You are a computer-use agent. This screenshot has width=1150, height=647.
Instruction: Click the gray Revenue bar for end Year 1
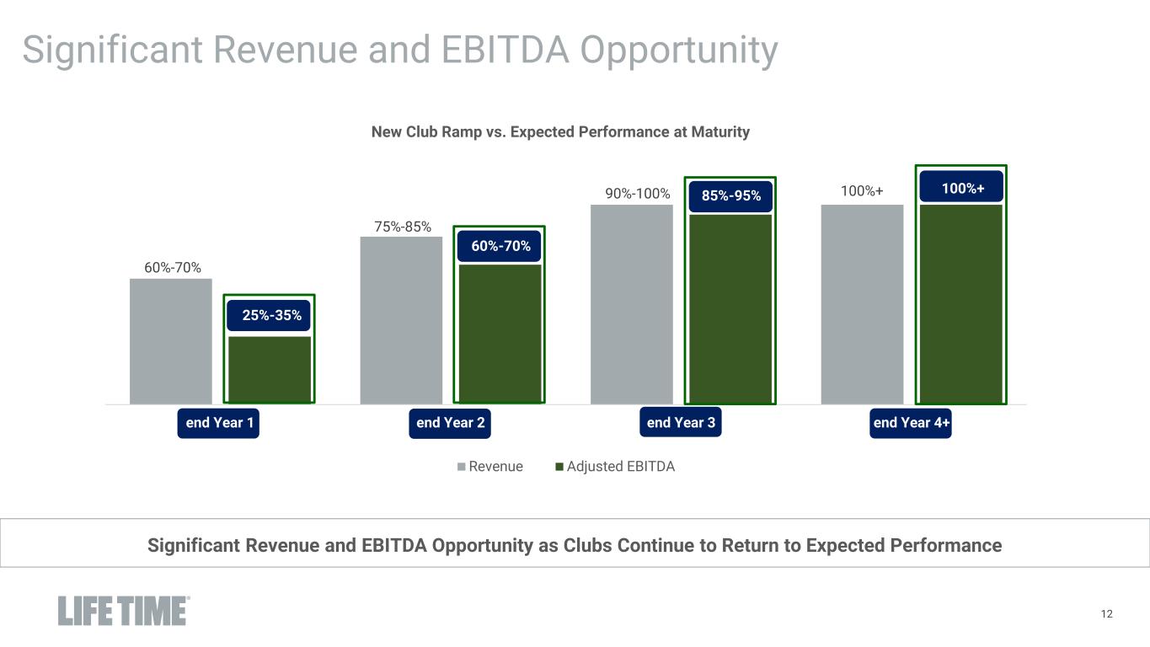point(171,341)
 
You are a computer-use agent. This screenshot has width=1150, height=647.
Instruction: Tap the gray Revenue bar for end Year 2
point(401,320)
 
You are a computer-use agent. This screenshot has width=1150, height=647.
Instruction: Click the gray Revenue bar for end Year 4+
point(862,304)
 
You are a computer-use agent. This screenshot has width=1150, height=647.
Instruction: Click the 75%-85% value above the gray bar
point(403,226)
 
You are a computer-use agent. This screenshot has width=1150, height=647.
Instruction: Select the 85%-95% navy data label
point(730,195)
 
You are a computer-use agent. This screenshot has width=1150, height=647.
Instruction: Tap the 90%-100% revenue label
point(638,194)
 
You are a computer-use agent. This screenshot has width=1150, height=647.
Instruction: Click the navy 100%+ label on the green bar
point(962,189)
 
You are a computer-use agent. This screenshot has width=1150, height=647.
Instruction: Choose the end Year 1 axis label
point(219,423)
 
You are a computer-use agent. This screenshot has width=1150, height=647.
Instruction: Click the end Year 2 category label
point(450,423)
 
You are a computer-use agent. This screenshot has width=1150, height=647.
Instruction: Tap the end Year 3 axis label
point(681,422)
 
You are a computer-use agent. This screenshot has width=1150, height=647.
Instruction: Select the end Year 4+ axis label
point(912,423)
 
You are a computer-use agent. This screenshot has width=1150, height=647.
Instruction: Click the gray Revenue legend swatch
point(462,467)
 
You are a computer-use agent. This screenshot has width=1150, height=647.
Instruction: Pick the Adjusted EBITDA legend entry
point(620,467)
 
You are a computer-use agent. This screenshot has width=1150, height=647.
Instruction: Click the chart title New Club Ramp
point(560,132)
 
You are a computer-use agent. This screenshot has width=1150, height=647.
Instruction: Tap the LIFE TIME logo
point(123,611)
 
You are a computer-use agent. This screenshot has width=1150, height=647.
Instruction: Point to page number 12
point(1107,614)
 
